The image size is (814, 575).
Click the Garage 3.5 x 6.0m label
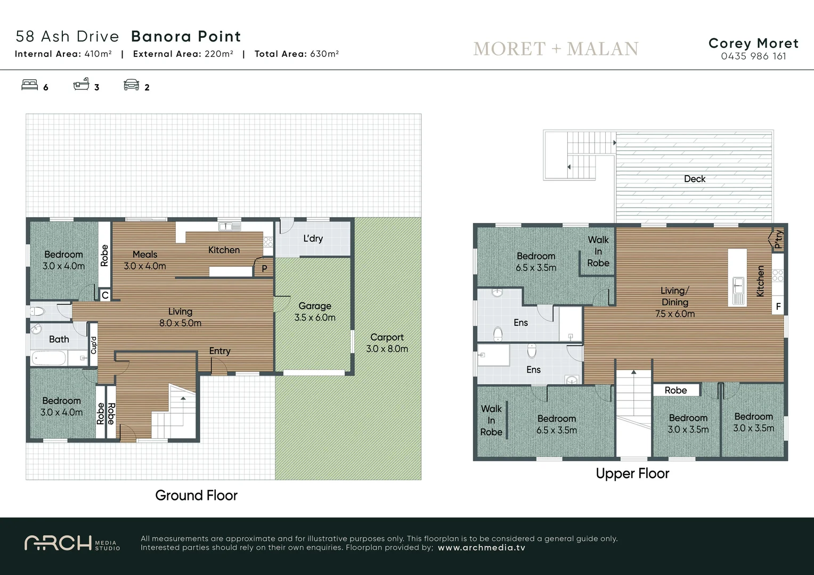tap(315, 311)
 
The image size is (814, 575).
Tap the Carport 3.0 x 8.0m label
tap(387, 343)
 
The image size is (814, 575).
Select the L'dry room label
tap(313, 238)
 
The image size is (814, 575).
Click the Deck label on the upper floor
tap(694, 179)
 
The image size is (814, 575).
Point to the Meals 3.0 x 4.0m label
tap(145, 260)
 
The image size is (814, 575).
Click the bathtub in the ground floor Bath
tap(49, 358)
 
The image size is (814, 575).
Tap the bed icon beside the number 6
tap(30, 85)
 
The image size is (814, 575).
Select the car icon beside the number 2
tap(131, 85)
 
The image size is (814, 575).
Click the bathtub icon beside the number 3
tap(81, 85)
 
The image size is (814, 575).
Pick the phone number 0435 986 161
tap(753, 56)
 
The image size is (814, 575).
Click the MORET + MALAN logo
tap(556, 49)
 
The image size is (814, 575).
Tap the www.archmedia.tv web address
tap(481, 548)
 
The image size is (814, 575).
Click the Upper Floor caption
tap(632, 473)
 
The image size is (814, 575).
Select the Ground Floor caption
tap(196, 495)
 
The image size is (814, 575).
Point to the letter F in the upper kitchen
tap(778, 307)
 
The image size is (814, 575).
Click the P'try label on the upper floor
tap(778, 239)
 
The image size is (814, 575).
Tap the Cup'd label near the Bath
tap(94, 344)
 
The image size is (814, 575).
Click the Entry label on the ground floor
tap(219, 351)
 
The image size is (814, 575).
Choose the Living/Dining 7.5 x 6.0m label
tap(675, 302)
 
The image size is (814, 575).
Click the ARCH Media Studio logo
tap(72, 543)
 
